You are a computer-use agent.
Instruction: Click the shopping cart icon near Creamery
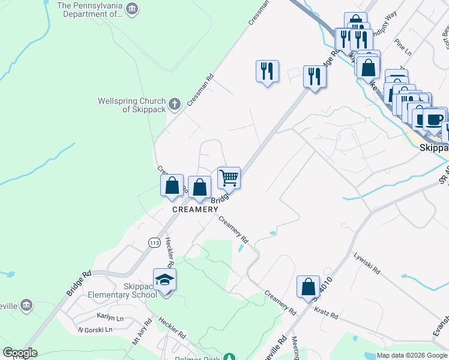[x=229, y=178]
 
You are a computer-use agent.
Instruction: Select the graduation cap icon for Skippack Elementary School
[x=164, y=280]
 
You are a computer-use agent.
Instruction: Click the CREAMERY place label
[x=196, y=209]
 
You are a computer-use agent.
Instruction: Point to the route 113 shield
[x=153, y=242]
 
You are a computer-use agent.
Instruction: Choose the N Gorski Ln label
[x=95, y=329]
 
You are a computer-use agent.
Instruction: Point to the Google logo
[x=20, y=353]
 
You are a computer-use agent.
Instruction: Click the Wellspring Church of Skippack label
[x=131, y=106]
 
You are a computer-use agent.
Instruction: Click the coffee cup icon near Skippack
[x=434, y=118]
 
